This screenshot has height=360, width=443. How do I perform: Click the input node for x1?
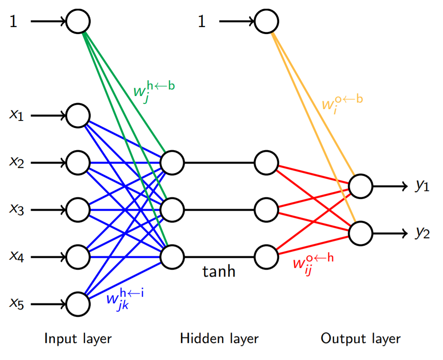pos(78,116)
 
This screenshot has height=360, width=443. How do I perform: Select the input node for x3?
pos(78,210)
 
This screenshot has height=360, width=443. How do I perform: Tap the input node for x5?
pos(78,304)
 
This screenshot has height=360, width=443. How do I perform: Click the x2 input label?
pos(17,162)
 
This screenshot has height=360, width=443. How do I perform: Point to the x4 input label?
pos(17,257)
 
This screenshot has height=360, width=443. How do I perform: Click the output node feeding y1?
pos(361,186)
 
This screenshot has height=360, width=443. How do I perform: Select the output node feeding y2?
pos(361,233)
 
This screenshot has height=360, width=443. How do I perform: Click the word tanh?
pos(219,272)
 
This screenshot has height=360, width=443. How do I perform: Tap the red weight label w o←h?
pos(313,263)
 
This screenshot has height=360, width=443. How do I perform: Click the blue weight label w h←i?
pos(124,298)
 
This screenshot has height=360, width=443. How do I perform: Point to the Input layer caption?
pos(78,339)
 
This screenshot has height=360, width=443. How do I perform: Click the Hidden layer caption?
pos(219,339)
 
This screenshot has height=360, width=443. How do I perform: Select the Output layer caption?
pos(361,339)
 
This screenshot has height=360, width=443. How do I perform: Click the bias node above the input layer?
pos(78,21)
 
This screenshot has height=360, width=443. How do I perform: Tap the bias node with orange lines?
pos(266,21)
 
